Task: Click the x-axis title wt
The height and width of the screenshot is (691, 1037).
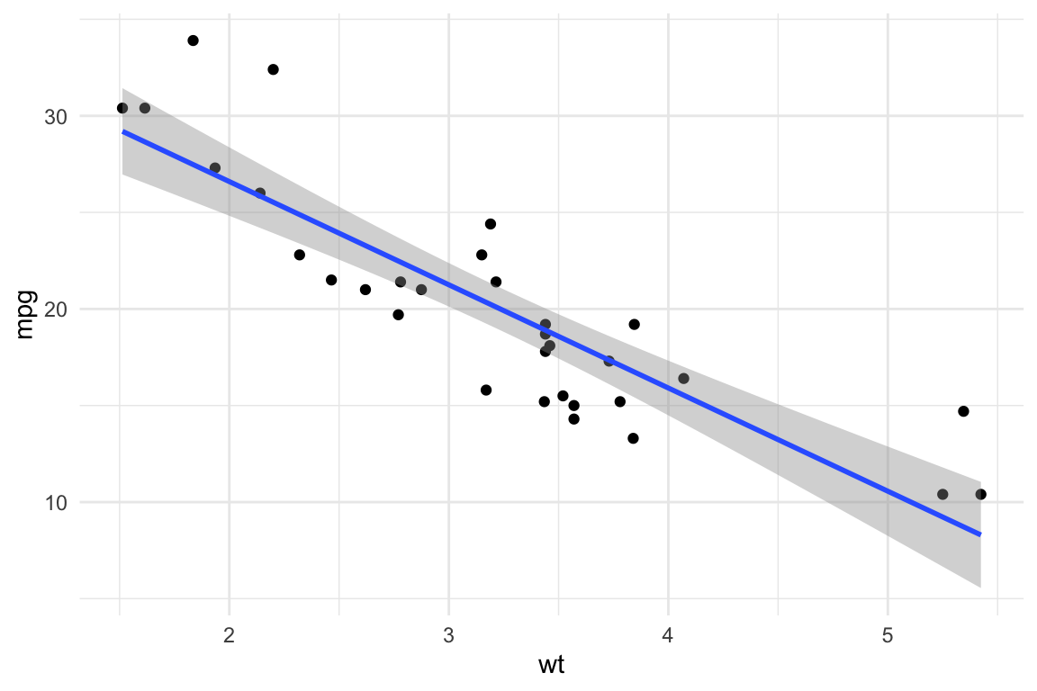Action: [x=551, y=666]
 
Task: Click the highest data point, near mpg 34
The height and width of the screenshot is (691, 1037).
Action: [x=193, y=40]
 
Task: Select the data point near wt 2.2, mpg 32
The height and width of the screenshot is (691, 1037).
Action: [x=273, y=69]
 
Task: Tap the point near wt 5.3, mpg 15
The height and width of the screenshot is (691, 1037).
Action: [x=963, y=411]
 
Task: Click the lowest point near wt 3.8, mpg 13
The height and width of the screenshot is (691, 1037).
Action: [x=633, y=438]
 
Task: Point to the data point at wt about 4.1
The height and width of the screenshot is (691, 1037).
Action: [x=683, y=379]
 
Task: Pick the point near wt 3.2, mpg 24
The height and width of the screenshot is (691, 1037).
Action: [x=491, y=224]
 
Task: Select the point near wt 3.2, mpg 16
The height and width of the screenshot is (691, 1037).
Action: [x=486, y=390]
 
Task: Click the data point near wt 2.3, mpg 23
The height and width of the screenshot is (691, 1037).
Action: [x=300, y=255]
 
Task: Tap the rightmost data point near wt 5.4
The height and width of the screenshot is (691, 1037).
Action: [x=980, y=494]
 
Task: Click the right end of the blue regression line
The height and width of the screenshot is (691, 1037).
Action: [x=979, y=534]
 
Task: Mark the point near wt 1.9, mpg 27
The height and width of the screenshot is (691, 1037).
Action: [x=214, y=168]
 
